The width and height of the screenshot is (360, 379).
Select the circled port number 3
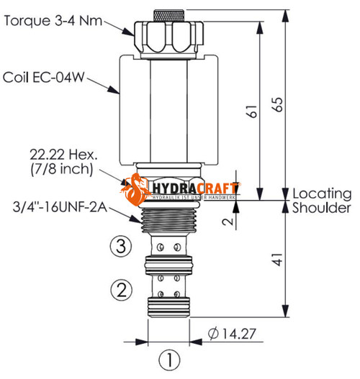coord(122,246)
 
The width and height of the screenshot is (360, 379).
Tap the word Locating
coord(322,194)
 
